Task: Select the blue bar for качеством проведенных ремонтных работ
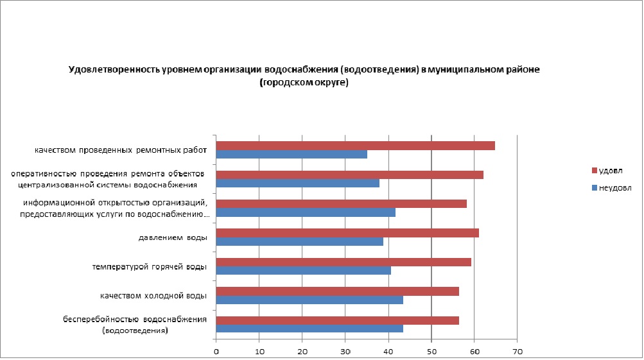click(292, 154)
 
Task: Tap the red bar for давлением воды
click(347, 233)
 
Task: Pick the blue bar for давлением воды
click(299, 241)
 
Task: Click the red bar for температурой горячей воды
click(344, 262)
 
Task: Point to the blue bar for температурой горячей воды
click(303, 270)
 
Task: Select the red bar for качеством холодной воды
click(337, 291)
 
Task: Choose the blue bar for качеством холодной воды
click(309, 300)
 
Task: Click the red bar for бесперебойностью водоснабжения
click(337, 320)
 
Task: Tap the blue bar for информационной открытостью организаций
click(306, 212)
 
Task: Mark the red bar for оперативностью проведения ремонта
click(349, 175)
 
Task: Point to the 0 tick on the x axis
click(216, 351)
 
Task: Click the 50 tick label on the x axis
click(431, 351)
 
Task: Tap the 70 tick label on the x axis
click(518, 351)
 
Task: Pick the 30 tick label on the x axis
click(345, 351)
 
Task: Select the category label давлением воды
click(173, 238)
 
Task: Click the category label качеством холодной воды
click(153, 296)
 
